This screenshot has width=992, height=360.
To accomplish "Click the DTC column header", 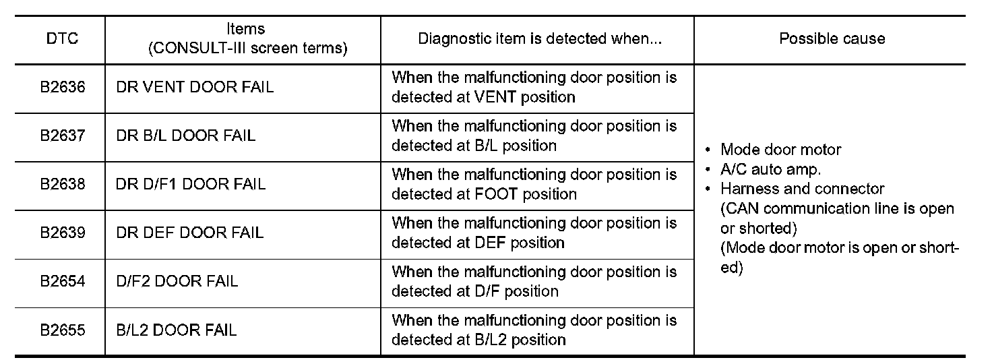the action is click(62, 38).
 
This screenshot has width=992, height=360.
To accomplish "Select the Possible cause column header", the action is click(832, 38).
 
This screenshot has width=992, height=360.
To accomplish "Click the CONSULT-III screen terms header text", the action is click(247, 49).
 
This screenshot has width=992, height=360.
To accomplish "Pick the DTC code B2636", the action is click(62, 87).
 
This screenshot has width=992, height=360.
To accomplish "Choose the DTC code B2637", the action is click(62, 136).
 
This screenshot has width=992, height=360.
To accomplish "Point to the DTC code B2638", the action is click(62, 184).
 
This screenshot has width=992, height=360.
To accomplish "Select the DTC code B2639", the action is click(62, 233).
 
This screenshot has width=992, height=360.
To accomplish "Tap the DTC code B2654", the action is click(62, 281).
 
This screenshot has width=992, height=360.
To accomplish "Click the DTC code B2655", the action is click(62, 330).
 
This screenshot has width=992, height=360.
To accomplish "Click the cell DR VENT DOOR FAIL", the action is click(195, 87).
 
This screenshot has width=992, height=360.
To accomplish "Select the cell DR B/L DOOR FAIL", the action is click(186, 136).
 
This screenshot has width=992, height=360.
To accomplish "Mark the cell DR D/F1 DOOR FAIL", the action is click(191, 184).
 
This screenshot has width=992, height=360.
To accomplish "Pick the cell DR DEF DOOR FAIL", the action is click(190, 233).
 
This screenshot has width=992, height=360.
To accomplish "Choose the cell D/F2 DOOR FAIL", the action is click(177, 281).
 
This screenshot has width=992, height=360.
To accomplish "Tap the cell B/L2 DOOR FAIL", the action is click(177, 330).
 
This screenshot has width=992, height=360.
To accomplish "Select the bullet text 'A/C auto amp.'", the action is click(770, 169).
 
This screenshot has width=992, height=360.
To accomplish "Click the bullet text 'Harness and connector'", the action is click(802, 189).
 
